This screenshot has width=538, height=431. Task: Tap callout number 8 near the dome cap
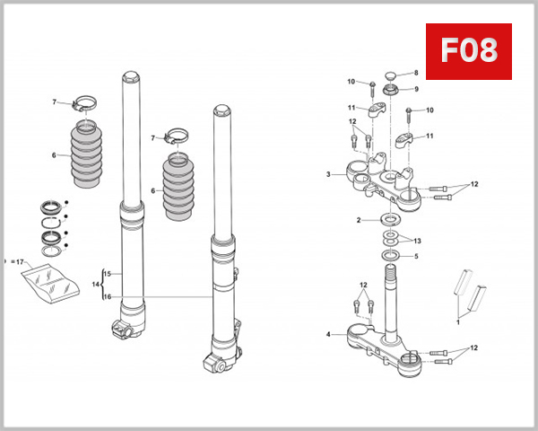point(415,73)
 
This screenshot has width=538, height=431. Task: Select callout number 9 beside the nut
point(415,89)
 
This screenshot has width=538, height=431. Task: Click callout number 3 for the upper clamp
point(328,174)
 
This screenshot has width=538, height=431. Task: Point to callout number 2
point(359,220)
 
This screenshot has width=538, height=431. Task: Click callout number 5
point(415,256)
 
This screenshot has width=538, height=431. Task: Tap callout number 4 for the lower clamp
point(328,335)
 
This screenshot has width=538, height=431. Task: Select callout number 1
point(457,320)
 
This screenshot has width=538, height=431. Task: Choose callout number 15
point(107,273)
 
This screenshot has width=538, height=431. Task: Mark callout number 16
point(107,296)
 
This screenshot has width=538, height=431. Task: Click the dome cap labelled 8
point(391,74)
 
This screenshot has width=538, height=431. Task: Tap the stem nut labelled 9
point(391,90)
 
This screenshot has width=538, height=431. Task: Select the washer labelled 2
point(391,220)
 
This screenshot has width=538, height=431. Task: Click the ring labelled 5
point(391,257)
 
